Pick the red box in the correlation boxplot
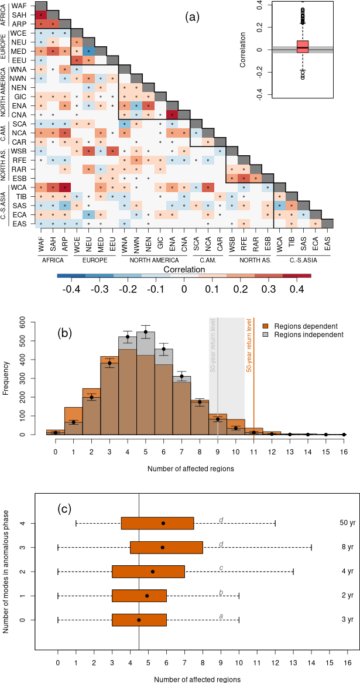[303, 47]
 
